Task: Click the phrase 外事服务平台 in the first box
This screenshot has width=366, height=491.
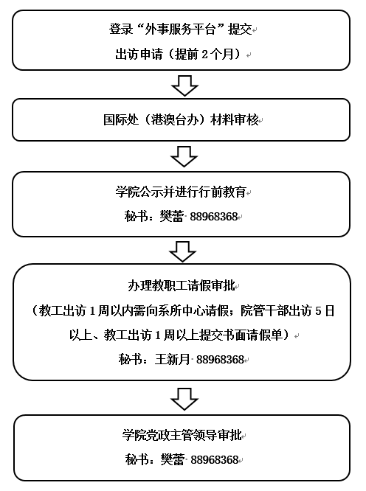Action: [x=180, y=29]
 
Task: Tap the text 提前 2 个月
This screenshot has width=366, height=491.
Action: [x=205, y=54]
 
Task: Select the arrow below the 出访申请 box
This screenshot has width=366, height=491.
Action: [x=185, y=86]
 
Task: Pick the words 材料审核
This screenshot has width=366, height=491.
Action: [x=235, y=120]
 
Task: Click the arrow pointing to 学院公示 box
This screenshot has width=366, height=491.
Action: [x=184, y=156]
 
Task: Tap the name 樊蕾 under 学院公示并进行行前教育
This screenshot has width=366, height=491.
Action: [x=172, y=216]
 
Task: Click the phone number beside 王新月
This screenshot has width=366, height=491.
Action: [x=220, y=360]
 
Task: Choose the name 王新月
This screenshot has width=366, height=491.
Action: [x=173, y=359]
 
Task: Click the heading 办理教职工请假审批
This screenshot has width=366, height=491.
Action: [x=182, y=285]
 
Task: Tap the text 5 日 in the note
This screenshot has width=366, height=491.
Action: [x=325, y=310]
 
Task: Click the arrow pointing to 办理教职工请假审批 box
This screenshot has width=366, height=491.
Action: [x=183, y=251]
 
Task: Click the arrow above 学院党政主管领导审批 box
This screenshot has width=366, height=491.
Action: [x=184, y=399]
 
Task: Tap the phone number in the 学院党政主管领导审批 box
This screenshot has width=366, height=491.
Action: [x=215, y=460]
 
